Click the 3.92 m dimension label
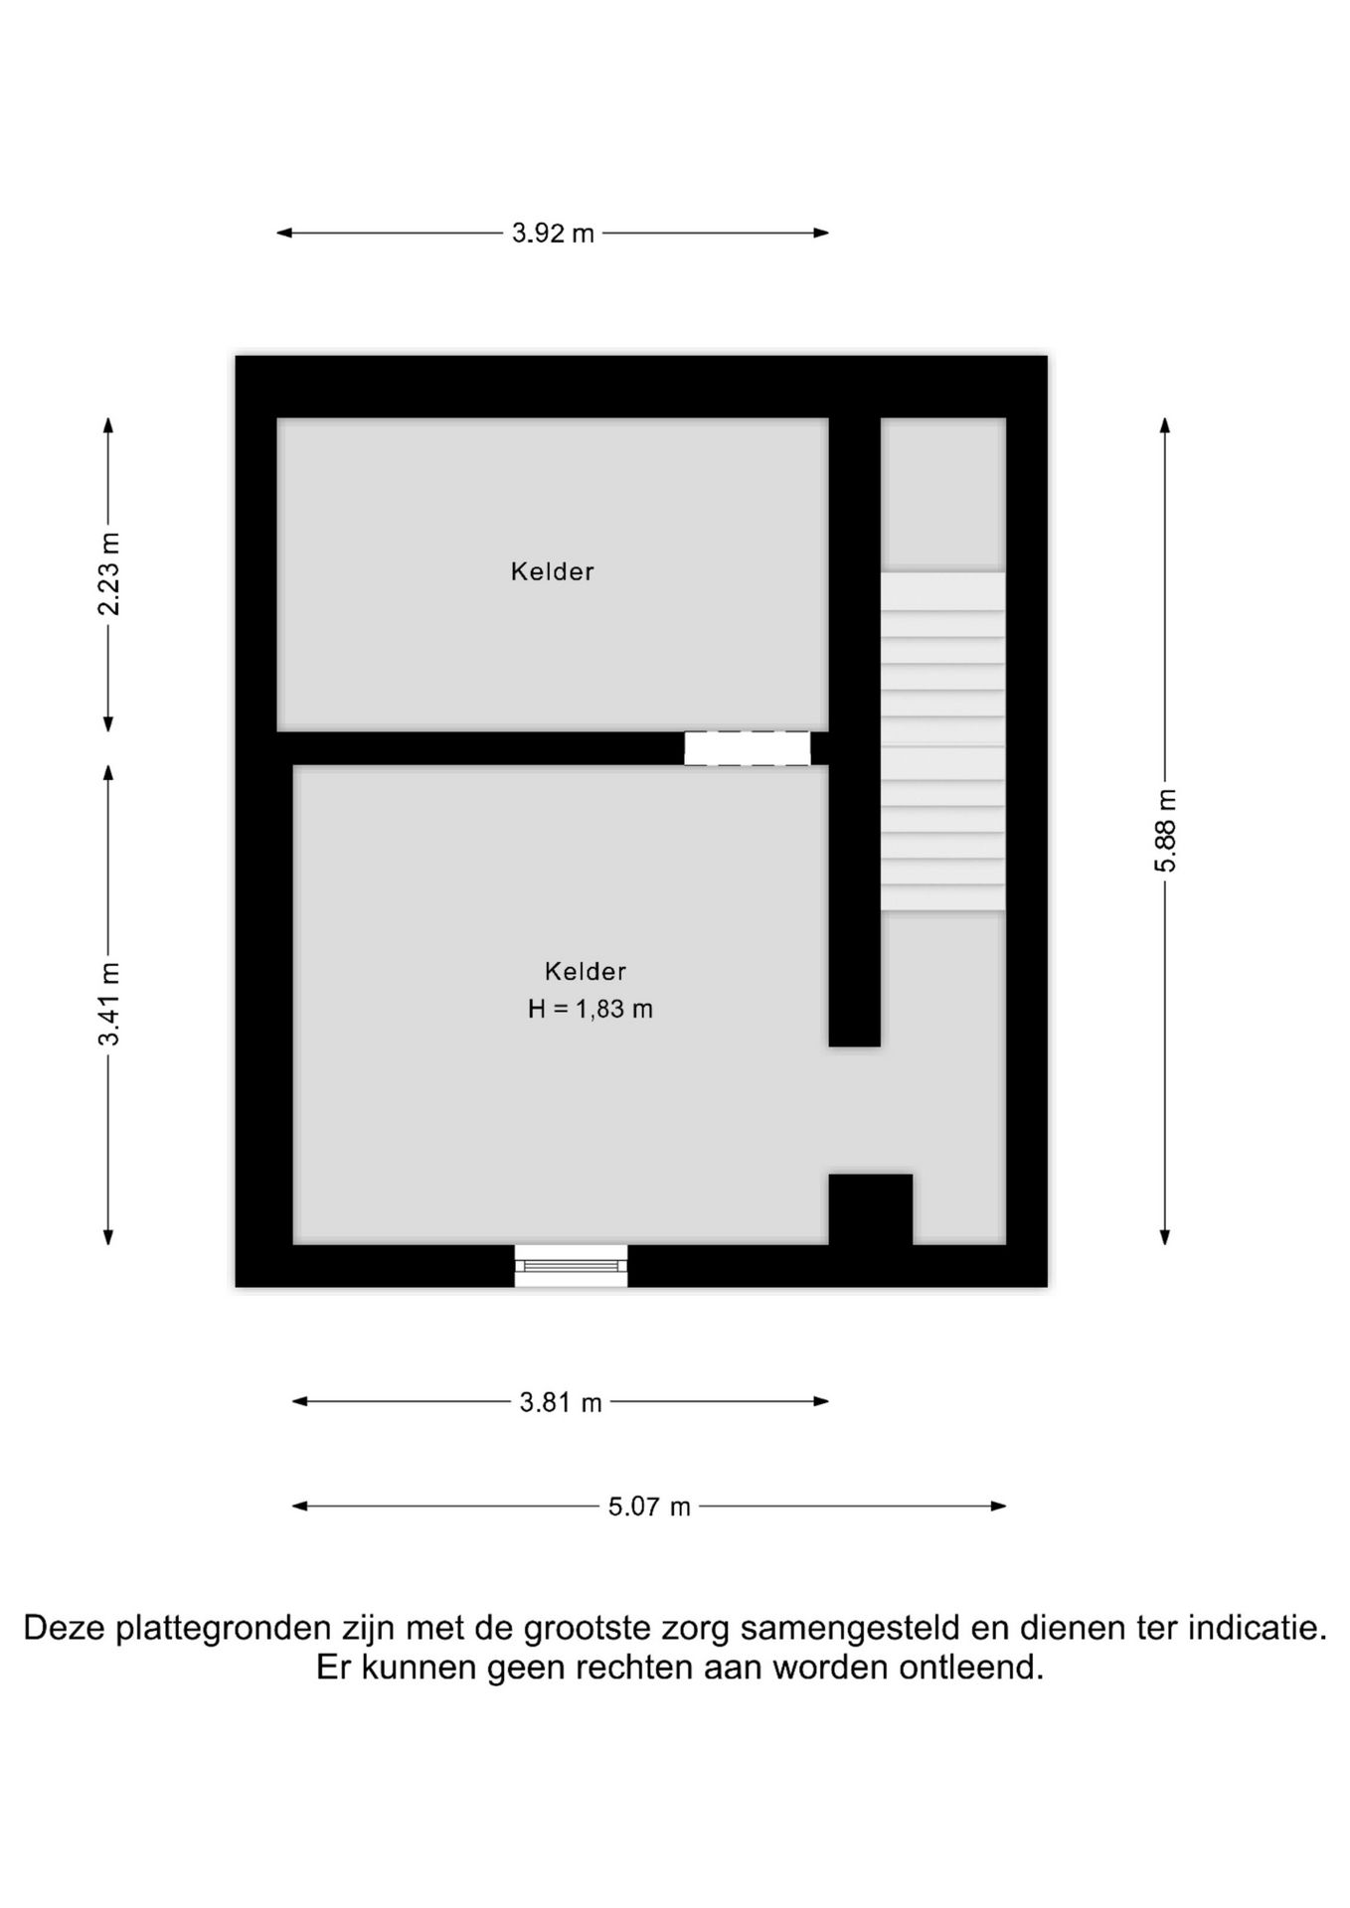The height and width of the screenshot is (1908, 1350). [553, 234]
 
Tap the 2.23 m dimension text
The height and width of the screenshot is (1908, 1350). [109, 574]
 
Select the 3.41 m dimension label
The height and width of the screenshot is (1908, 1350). [109, 1004]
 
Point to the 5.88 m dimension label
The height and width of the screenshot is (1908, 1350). [1165, 831]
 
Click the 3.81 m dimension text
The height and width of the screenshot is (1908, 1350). [561, 1402]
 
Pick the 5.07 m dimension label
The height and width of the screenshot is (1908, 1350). [649, 1507]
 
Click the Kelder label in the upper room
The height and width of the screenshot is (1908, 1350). [553, 571]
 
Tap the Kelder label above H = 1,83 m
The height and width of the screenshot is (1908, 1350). [586, 971]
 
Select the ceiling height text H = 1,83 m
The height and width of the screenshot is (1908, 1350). [590, 1009]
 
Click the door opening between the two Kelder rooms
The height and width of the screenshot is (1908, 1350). [748, 748]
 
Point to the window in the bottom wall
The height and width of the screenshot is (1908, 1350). [572, 1265]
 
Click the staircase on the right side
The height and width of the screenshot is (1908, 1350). [942, 740]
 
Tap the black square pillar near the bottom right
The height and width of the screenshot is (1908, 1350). [871, 1209]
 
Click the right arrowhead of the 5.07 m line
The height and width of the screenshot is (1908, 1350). [999, 1506]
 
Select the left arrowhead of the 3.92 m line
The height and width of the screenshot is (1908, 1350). [284, 234]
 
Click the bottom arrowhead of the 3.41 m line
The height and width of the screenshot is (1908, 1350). [109, 1236]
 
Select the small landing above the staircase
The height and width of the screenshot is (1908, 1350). [943, 494]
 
